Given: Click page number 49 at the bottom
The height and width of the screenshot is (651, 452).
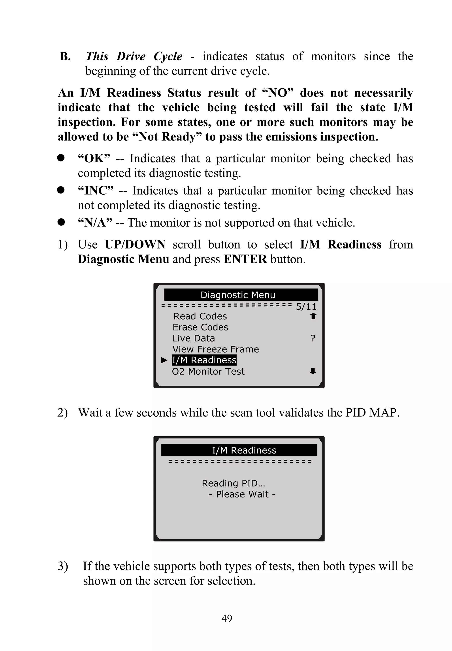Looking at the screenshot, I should [227, 618].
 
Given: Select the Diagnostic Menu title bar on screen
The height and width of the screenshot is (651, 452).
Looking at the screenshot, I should [241, 295].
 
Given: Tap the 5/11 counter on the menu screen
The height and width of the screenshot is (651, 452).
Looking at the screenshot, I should [306, 306].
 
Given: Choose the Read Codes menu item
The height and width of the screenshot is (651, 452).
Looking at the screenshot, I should [200, 316].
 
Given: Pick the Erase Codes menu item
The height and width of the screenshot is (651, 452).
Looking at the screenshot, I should [200, 327].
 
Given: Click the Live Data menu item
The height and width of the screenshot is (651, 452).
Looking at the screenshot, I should [194, 338].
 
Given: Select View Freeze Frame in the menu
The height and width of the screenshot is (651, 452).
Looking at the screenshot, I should [216, 349].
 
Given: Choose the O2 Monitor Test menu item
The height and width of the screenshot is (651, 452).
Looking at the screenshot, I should [208, 371].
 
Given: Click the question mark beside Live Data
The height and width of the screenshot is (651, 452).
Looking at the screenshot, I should [313, 338].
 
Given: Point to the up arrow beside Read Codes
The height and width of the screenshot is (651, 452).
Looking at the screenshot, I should [313, 316].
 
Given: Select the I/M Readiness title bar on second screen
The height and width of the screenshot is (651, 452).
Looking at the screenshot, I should [239, 450].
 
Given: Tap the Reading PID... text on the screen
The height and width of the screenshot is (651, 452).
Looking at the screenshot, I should [233, 483].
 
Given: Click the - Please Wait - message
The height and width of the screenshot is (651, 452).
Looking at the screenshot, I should [242, 494].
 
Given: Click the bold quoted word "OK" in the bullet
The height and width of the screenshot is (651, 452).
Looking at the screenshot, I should [94, 158].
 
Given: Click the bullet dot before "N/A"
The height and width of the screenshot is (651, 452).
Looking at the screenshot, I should [61, 222].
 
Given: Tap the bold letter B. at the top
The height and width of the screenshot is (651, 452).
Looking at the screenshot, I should [65, 56].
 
